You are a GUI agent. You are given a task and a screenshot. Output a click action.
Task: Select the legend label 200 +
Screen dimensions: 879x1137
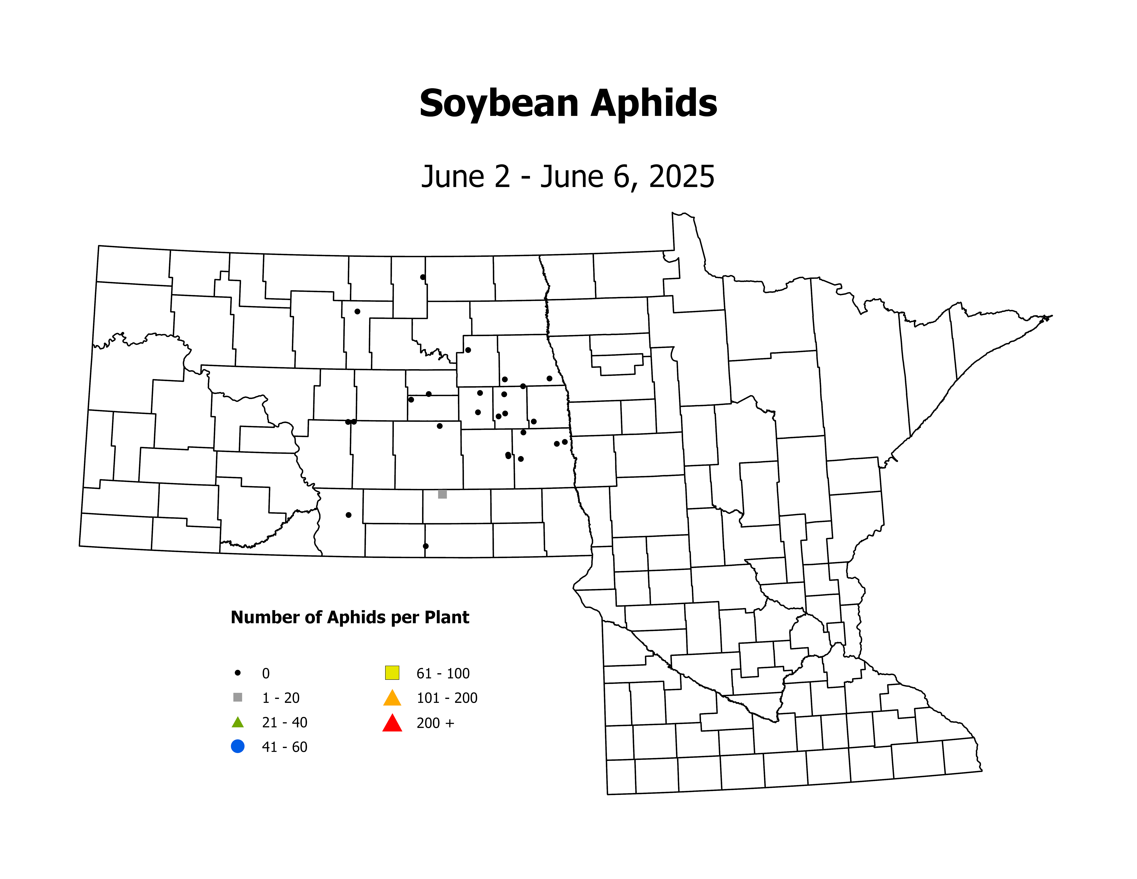435,723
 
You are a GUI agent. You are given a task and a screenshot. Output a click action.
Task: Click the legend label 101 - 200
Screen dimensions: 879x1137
447,698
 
